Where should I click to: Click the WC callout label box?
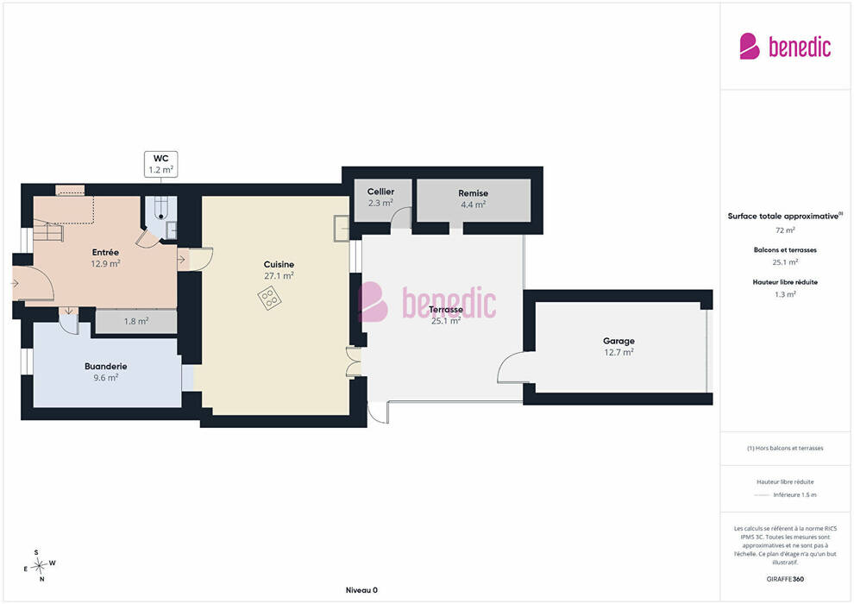point(160,164)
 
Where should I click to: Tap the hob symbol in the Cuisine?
point(269,299)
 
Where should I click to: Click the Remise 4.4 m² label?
point(473,198)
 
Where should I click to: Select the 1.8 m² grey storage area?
point(136,321)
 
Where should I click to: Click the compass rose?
point(39,566)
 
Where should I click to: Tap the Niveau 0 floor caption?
point(361,590)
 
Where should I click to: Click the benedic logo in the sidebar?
point(785,47)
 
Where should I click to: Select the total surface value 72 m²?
point(785,230)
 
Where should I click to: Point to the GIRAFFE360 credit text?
point(785,579)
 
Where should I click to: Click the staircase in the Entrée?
point(49,230)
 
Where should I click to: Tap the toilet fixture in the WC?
point(161,207)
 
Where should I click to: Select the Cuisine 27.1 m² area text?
point(279,276)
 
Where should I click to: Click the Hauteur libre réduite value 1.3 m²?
point(785,294)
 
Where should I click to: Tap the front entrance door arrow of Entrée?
point(15,283)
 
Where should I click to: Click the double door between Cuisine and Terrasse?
point(354,361)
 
